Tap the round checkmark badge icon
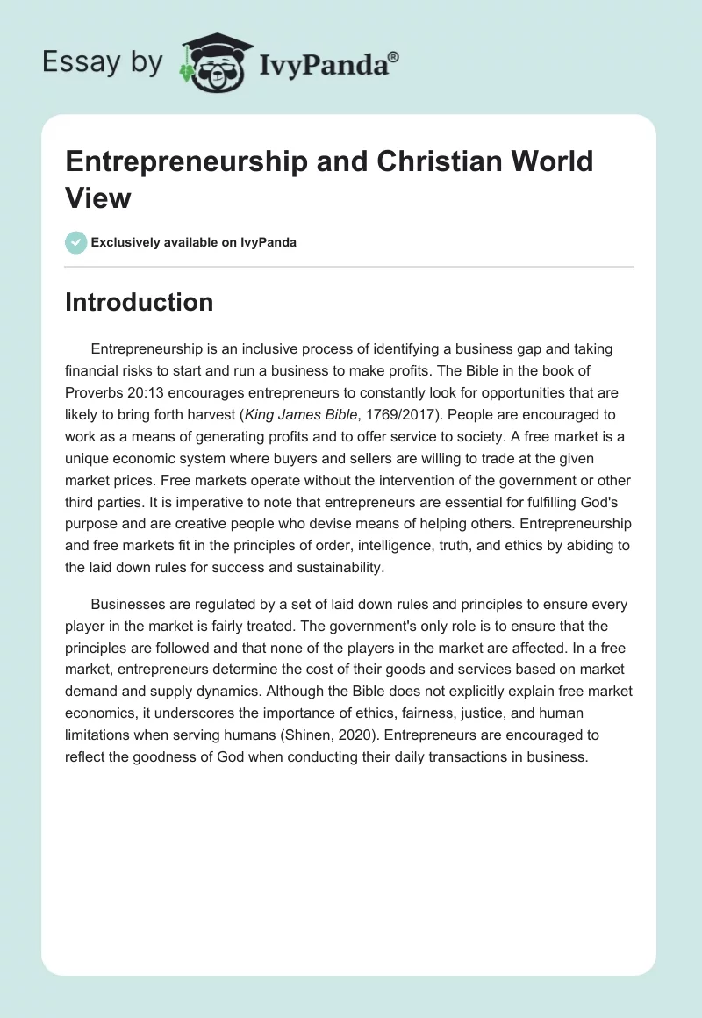[76, 242]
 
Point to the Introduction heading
[139, 302]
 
